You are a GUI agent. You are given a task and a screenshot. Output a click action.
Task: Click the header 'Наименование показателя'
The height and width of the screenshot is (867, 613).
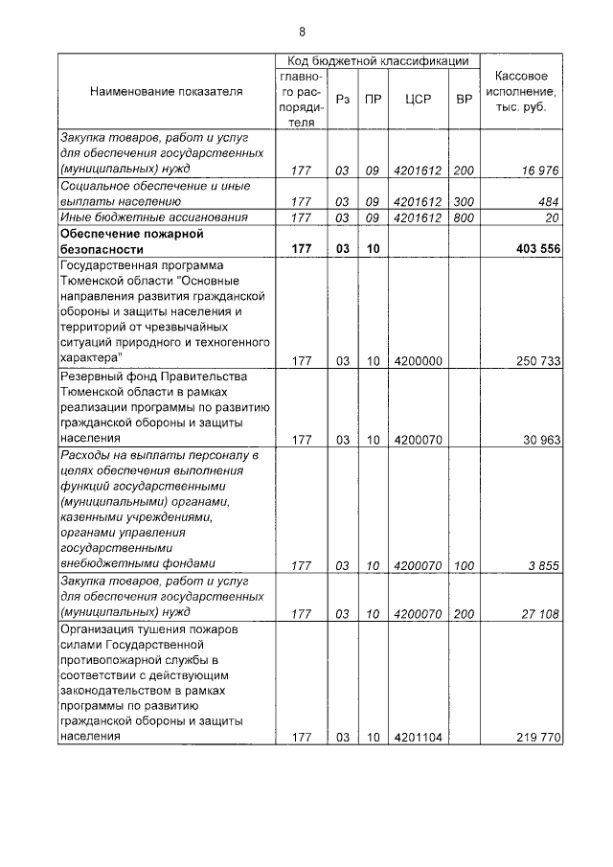167,92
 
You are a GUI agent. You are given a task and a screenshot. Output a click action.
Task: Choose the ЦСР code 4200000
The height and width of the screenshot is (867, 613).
417,360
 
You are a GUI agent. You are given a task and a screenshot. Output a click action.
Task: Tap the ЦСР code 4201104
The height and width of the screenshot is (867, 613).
417,738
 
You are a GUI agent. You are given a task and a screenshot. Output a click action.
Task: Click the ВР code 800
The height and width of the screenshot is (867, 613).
464,217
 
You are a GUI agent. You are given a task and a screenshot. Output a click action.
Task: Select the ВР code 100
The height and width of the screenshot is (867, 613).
464,565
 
